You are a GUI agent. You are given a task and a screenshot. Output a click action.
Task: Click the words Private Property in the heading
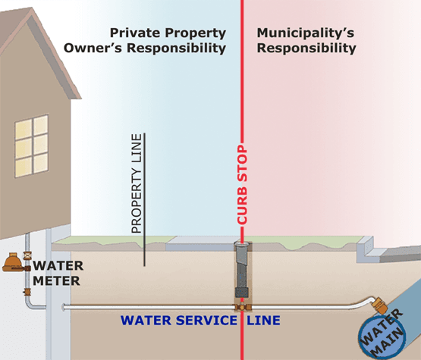point(168,33)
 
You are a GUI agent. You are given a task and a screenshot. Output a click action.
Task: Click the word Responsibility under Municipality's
point(306,49)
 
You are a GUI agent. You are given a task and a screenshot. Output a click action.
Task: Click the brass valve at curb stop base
point(243,307)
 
